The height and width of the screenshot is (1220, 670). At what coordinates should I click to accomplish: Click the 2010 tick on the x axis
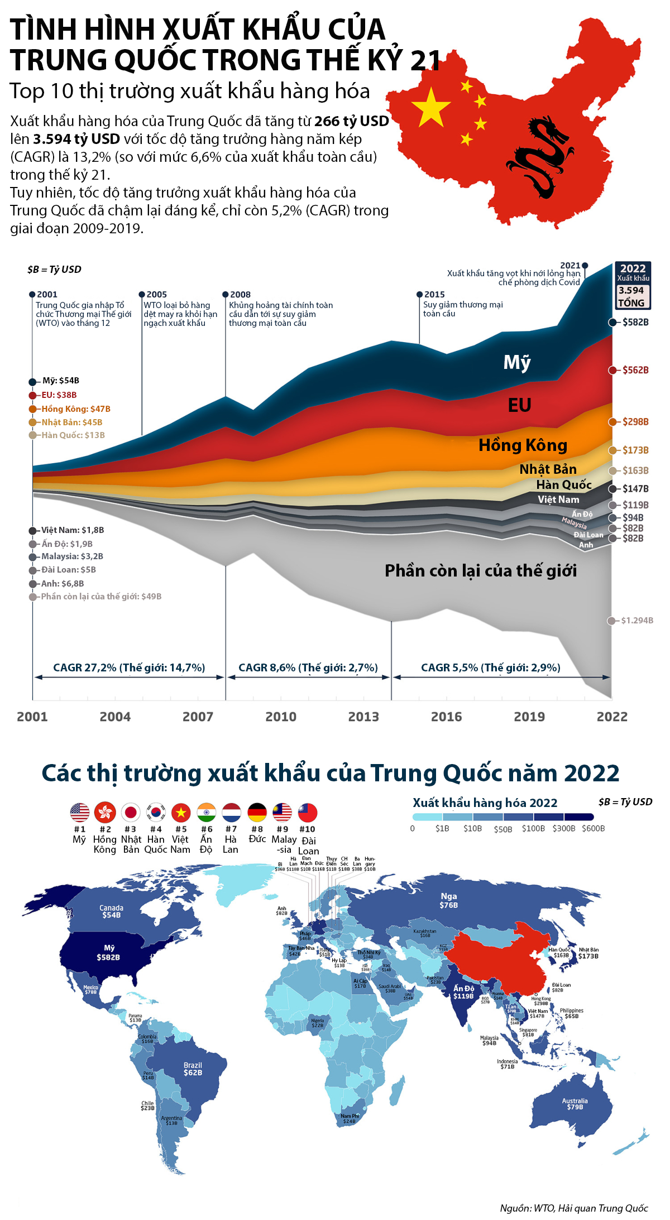[x=281, y=717]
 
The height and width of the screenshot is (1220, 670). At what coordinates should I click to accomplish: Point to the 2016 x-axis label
[x=446, y=717]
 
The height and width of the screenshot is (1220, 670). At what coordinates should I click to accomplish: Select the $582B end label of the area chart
[x=635, y=322]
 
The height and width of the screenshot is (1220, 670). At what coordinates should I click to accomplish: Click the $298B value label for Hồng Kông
[x=635, y=421]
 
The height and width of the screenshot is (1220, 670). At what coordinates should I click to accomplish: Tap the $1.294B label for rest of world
[x=636, y=620]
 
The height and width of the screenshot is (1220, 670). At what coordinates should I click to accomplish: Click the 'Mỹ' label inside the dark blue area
[x=517, y=363]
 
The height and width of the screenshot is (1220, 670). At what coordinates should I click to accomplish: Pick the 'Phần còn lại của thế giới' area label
[x=480, y=570]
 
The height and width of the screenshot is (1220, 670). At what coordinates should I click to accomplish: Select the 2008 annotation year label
[x=240, y=294]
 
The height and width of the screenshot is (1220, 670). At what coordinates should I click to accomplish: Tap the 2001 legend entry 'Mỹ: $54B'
[x=60, y=381]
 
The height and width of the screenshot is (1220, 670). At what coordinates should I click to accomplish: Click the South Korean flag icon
[x=156, y=812]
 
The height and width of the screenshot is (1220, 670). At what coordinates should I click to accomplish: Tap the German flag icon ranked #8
[x=257, y=812]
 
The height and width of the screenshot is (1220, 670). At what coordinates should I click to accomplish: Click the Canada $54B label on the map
[x=111, y=911]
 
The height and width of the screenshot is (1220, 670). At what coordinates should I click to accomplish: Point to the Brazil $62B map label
[x=193, y=1069]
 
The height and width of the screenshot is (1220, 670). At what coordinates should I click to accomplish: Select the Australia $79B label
[x=575, y=1104]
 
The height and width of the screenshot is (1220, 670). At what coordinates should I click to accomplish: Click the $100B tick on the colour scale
[x=533, y=828]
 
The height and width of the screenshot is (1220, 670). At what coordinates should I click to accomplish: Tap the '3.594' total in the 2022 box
[x=631, y=290]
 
